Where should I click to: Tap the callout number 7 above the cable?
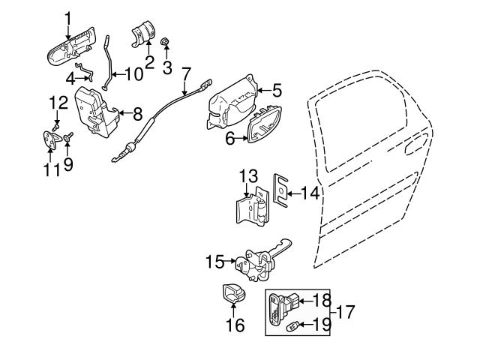(186, 74)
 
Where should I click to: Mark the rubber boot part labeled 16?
(236, 294)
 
